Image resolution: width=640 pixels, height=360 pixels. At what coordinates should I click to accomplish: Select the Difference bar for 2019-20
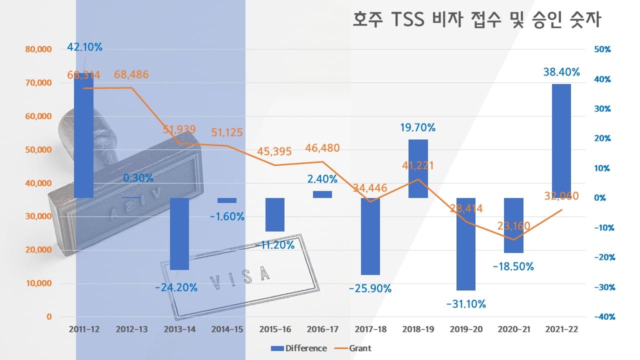465,244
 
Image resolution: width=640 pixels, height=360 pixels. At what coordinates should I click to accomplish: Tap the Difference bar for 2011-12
84,135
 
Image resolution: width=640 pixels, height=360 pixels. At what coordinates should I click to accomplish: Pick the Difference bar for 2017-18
370,236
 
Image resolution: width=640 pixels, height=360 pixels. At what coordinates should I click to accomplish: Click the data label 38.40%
561,72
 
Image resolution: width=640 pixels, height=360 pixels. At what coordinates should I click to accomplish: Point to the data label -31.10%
465,303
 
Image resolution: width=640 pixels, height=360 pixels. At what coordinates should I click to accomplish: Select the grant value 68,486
131,75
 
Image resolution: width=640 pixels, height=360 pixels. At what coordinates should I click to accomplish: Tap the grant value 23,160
513,226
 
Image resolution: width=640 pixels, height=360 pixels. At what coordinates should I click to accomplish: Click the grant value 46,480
322,148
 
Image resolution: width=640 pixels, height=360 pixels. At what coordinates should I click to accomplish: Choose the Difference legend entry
299,348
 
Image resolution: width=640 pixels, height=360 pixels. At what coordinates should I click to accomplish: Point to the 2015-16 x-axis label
275,330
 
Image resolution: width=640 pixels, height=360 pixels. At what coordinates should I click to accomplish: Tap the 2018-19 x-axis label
418,330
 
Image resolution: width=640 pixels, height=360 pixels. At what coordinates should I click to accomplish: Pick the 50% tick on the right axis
602,49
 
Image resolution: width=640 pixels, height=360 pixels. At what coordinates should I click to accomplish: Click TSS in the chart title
406,20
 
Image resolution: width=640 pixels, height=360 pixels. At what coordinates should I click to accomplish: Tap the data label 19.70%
418,127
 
